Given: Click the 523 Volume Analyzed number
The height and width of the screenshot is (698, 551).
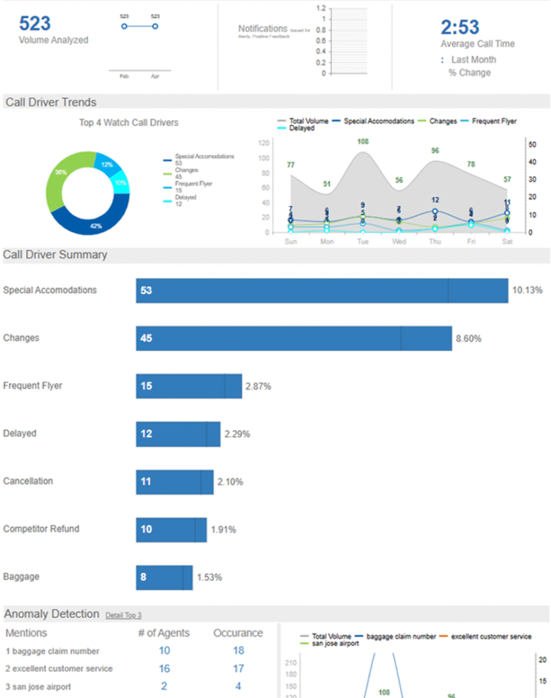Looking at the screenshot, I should point(35,23).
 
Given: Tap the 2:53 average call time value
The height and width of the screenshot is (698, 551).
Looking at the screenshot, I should point(460,27).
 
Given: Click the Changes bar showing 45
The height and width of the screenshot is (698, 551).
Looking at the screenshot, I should point(293,338).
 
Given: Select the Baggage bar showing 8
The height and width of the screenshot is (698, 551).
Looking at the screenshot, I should point(164,577).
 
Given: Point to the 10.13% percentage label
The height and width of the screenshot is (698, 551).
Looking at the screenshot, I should point(527,290).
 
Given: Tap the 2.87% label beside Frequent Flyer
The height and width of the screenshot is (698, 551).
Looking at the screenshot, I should point(258,386).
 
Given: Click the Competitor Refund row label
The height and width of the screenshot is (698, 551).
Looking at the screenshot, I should point(41,529).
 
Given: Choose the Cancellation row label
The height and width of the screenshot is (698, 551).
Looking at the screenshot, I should point(28,481).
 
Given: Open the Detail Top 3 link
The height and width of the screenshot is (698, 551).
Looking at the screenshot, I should point(123,615).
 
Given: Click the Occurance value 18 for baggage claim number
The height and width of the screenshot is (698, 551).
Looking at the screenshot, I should point(238,651).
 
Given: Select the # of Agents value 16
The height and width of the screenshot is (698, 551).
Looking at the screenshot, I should point(164,669).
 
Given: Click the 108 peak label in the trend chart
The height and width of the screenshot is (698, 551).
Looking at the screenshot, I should point(363,142).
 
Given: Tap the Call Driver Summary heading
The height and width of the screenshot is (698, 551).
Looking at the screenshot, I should point(55,255).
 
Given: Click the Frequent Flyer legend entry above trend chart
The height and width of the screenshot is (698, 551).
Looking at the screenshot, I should point(492,121).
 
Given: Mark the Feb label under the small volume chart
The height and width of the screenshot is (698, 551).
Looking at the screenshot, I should point(124,76).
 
